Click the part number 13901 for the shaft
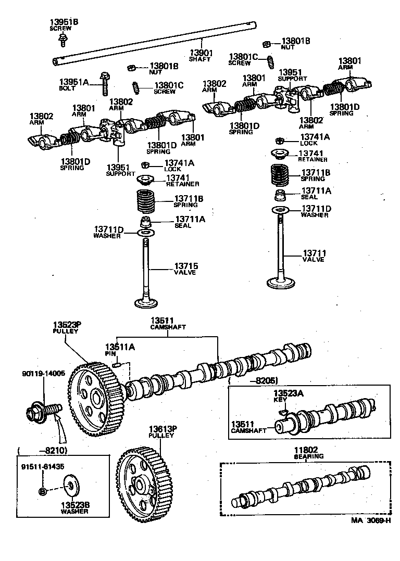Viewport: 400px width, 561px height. [200, 52]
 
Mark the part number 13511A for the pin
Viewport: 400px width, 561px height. [120, 347]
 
